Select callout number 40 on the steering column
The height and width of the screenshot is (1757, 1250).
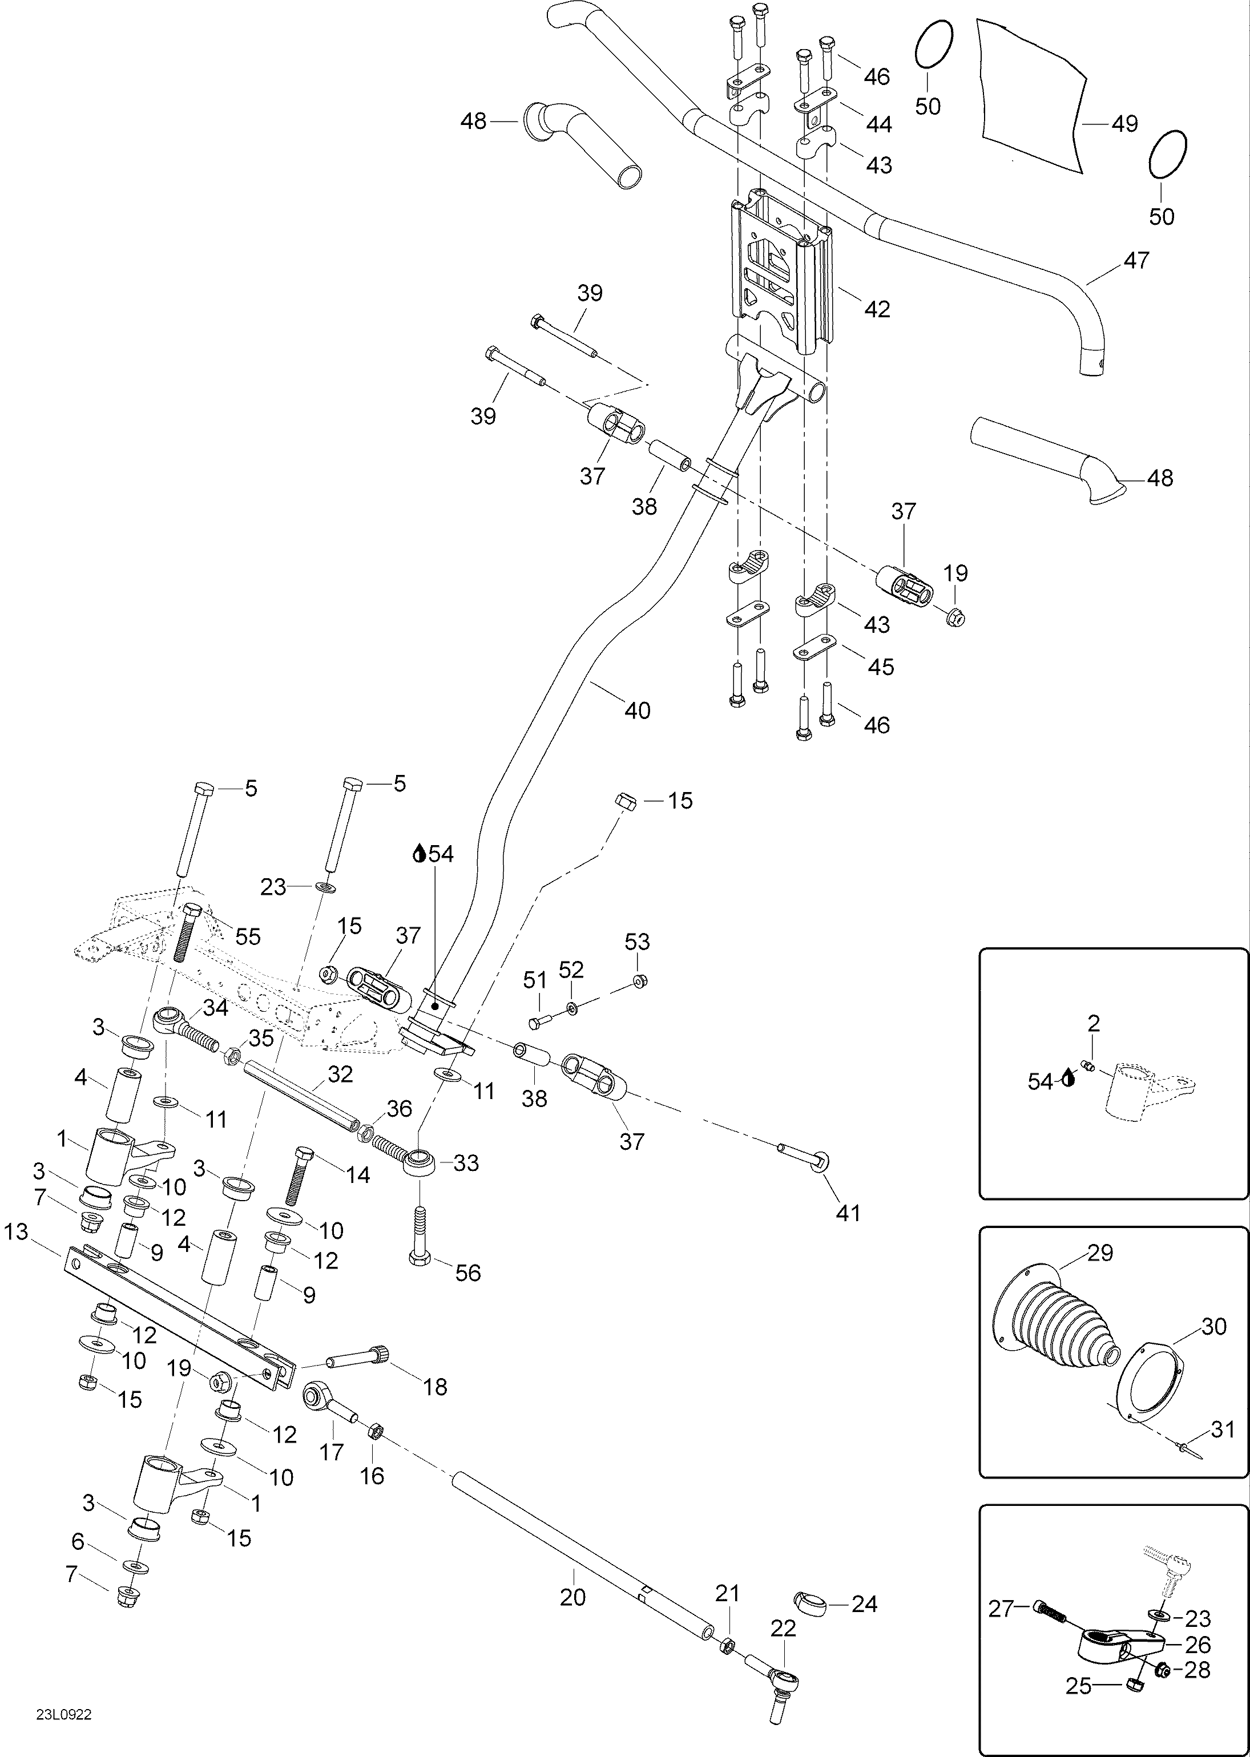(x=638, y=710)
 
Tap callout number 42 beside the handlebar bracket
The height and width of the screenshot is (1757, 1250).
(x=877, y=309)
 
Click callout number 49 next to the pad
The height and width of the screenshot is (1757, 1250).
(x=1126, y=124)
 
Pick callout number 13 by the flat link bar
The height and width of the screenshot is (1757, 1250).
(x=15, y=1232)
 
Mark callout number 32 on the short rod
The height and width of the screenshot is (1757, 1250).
(x=340, y=1075)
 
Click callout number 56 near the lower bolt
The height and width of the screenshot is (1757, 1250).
(x=468, y=1273)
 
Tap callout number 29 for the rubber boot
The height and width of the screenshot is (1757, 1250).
(x=1100, y=1254)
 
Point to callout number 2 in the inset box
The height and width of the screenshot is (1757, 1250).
(x=1094, y=1024)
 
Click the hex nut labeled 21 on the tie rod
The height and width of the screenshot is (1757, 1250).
(x=726, y=1646)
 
